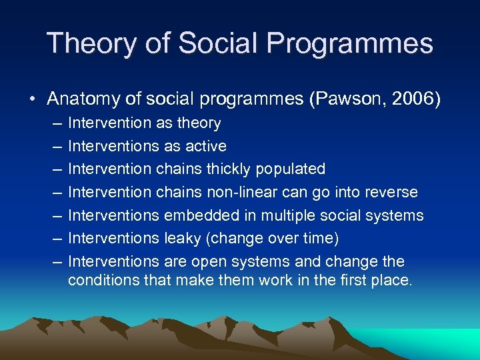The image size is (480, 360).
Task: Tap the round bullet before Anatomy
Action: tap(33, 99)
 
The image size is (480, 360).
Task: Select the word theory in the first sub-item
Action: tap(198, 123)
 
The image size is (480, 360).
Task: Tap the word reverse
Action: tap(392, 192)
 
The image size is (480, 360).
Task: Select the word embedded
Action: tap(208, 215)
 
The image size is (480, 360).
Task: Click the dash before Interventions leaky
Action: tap(53, 238)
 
